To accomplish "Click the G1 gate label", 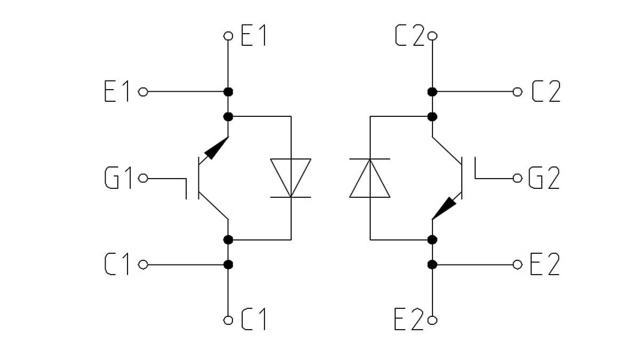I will pyautogui.click(x=118, y=178).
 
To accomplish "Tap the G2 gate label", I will pyautogui.click(x=544, y=178).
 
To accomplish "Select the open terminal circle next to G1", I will pyautogui.click(x=143, y=178).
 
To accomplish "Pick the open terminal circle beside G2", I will pyautogui.click(x=517, y=178).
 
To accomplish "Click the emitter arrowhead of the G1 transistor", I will pyautogui.click(x=216, y=149).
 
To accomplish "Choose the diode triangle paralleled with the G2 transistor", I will pyautogui.click(x=370, y=178).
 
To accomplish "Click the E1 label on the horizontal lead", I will pyautogui.click(x=117, y=92).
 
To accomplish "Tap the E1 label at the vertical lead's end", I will pyautogui.click(x=254, y=36).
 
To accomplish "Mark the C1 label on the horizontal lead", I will pyautogui.click(x=117, y=265).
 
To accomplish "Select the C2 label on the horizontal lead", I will pyautogui.click(x=546, y=92).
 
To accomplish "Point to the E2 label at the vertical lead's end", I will pyautogui.click(x=409, y=320).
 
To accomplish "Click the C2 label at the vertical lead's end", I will pyautogui.click(x=409, y=36).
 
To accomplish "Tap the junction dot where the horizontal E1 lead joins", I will pyautogui.click(x=228, y=92).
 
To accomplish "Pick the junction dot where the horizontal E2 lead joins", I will pyautogui.click(x=433, y=265).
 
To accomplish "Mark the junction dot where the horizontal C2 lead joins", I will pyautogui.click(x=433, y=92).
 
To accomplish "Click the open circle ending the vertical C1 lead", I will pyautogui.click(x=228, y=320).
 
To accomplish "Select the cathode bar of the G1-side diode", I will pyautogui.click(x=291, y=197).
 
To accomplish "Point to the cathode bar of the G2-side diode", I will pyautogui.click(x=370, y=159).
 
